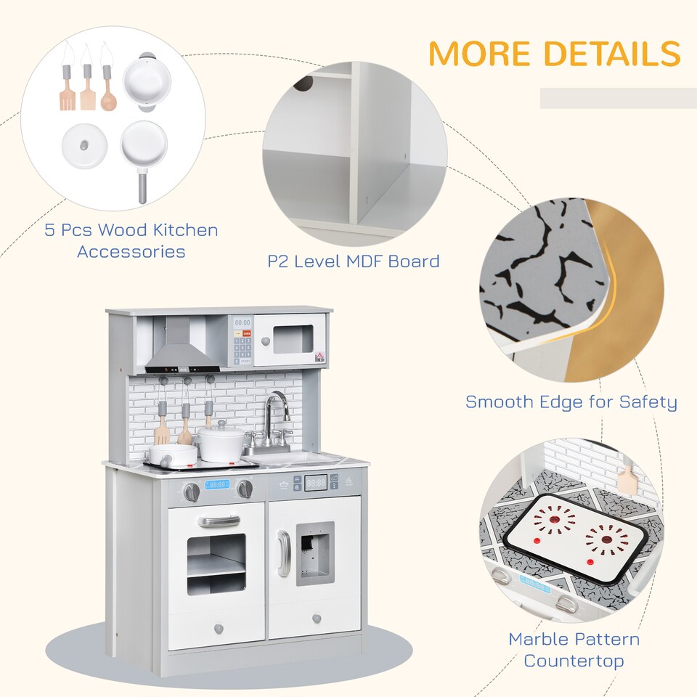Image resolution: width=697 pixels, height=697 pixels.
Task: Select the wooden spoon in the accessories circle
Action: (107, 97)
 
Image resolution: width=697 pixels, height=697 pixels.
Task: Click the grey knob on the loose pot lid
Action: (85, 145)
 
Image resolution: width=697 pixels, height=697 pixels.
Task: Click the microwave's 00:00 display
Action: (242, 323)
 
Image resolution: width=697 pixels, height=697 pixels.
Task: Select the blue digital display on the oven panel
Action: (216, 484)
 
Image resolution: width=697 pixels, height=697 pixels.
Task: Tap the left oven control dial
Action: (191, 492)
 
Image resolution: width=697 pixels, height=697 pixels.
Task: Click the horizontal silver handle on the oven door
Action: (219, 521)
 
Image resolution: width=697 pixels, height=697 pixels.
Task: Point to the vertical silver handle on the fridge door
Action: (283, 553)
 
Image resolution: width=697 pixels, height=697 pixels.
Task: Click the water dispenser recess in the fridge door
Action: (315, 553)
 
